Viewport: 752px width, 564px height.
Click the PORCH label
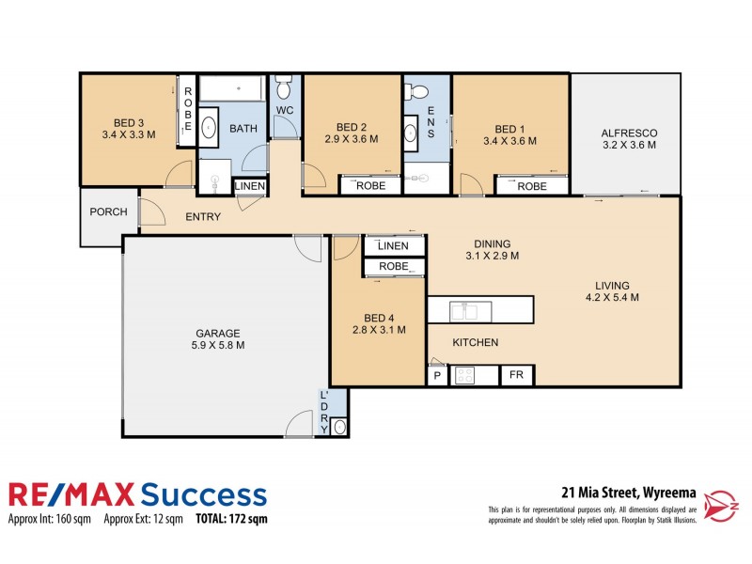coord(108,211)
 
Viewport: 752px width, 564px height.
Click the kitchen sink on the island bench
coord(465,309)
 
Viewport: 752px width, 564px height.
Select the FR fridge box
coord(516,375)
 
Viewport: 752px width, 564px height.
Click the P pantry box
coord(437,376)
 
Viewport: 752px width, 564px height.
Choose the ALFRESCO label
coord(628,133)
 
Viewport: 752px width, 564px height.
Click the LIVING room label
coord(611,286)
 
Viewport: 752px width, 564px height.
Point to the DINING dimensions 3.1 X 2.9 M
coord(493,255)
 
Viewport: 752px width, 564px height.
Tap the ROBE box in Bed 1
coord(531,186)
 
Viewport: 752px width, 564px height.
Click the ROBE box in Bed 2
coord(370,186)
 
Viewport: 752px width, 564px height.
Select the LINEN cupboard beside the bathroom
coord(250,187)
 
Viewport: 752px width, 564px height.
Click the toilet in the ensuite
coord(419,92)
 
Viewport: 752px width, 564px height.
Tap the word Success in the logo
coord(203,494)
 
